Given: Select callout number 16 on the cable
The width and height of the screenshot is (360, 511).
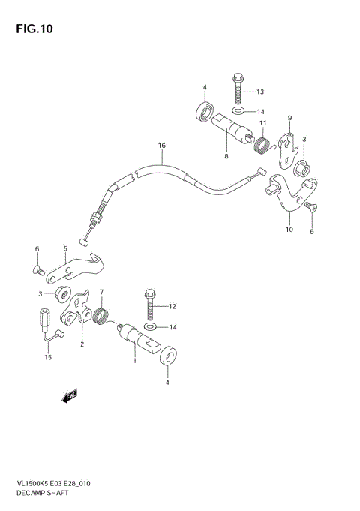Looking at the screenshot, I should click(x=160, y=146).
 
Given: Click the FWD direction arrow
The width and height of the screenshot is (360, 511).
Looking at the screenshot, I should click(x=71, y=395).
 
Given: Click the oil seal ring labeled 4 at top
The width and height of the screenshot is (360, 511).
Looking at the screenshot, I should click(x=202, y=113).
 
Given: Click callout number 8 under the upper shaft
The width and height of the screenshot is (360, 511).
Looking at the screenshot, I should click(x=225, y=156).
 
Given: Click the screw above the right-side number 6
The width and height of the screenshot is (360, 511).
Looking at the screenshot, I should click(x=310, y=208).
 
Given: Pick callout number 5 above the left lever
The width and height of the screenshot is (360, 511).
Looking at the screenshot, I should click(x=65, y=248).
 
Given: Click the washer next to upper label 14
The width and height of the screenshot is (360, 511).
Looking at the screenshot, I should click(x=238, y=111).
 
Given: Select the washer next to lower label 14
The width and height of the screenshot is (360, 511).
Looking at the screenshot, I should click(x=151, y=327).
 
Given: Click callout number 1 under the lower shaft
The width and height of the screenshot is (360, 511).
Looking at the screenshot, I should click(x=135, y=361).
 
